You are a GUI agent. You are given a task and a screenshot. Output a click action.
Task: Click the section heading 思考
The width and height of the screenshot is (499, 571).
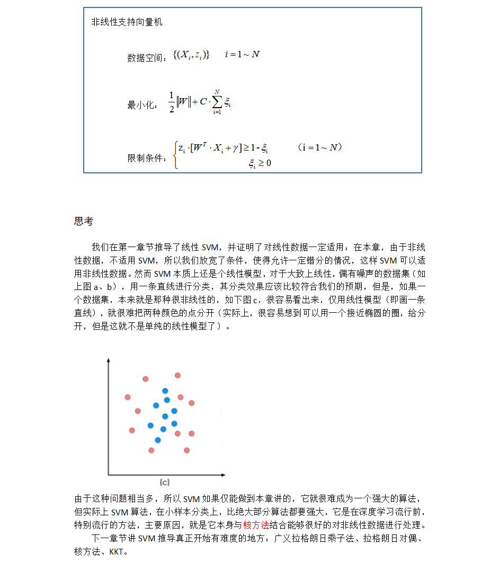pyautogui.click(x=84, y=222)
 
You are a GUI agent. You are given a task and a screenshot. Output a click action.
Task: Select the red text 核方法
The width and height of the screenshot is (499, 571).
pyautogui.click(x=256, y=525)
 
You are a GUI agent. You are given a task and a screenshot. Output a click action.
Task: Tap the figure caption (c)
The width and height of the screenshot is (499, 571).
pyautogui.click(x=165, y=482)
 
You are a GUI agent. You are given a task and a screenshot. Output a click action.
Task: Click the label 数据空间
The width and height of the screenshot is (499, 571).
pyautogui.click(x=146, y=58)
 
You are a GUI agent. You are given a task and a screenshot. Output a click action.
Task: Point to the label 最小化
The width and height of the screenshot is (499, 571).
pyautogui.click(x=141, y=105)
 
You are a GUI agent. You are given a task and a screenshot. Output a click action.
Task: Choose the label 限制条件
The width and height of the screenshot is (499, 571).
pyautogui.click(x=146, y=158)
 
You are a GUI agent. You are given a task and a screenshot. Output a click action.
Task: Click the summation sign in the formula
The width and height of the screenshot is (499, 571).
pyautogui.click(x=217, y=102)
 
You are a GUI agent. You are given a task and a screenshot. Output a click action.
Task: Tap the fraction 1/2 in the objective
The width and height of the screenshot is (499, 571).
pyautogui.click(x=171, y=102)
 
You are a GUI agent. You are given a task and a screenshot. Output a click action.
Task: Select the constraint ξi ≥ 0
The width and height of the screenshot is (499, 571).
pyautogui.click(x=260, y=164)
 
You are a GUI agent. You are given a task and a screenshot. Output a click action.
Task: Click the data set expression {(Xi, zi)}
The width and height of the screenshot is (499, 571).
pyautogui.click(x=191, y=55)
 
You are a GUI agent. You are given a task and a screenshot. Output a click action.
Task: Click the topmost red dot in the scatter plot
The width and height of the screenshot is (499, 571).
pyautogui.click(x=177, y=375)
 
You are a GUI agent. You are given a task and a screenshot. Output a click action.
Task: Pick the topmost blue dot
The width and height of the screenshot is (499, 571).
pyautogui.click(x=165, y=391)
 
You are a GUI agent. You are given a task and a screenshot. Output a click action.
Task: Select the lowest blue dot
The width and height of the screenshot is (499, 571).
pyautogui.click(x=157, y=440)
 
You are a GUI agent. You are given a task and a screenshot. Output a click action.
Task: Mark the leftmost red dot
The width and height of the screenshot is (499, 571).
pyautogui.click(x=128, y=397)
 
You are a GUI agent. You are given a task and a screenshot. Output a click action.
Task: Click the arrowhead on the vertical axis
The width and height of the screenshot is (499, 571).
pyautogui.click(x=108, y=360)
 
